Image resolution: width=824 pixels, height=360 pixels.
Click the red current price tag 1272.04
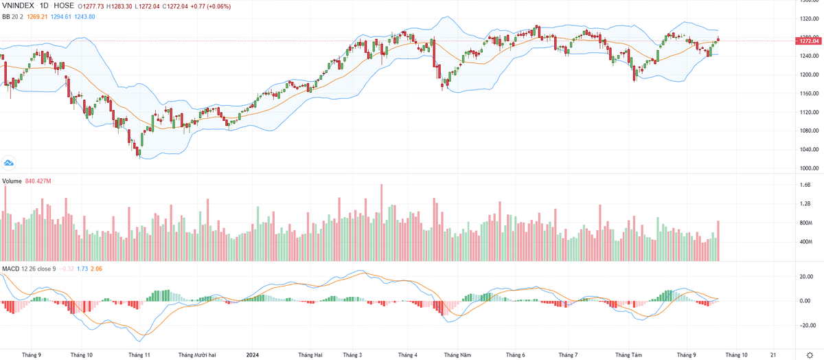[808, 41]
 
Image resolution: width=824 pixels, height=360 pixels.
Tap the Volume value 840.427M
[39, 181]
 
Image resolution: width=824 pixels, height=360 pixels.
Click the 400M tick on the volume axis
[805, 242]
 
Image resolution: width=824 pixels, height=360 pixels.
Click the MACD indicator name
[10, 267]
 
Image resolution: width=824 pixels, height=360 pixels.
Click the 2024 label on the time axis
[252, 355]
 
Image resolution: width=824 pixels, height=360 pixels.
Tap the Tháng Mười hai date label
[197, 355]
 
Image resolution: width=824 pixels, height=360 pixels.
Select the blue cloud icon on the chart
[9, 162]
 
